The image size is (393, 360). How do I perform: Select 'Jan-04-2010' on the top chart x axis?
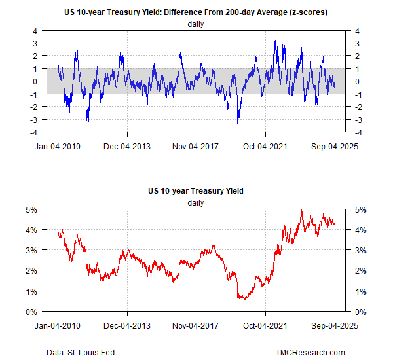(x=57, y=146)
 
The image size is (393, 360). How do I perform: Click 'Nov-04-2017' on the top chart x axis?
(x=196, y=146)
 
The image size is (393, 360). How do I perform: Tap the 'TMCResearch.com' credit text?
(x=310, y=353)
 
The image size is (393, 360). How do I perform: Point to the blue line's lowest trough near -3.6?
(x=238, y=127)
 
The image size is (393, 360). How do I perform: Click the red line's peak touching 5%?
(x=301, y=211)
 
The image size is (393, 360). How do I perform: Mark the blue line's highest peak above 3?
(x=276, y=40)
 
